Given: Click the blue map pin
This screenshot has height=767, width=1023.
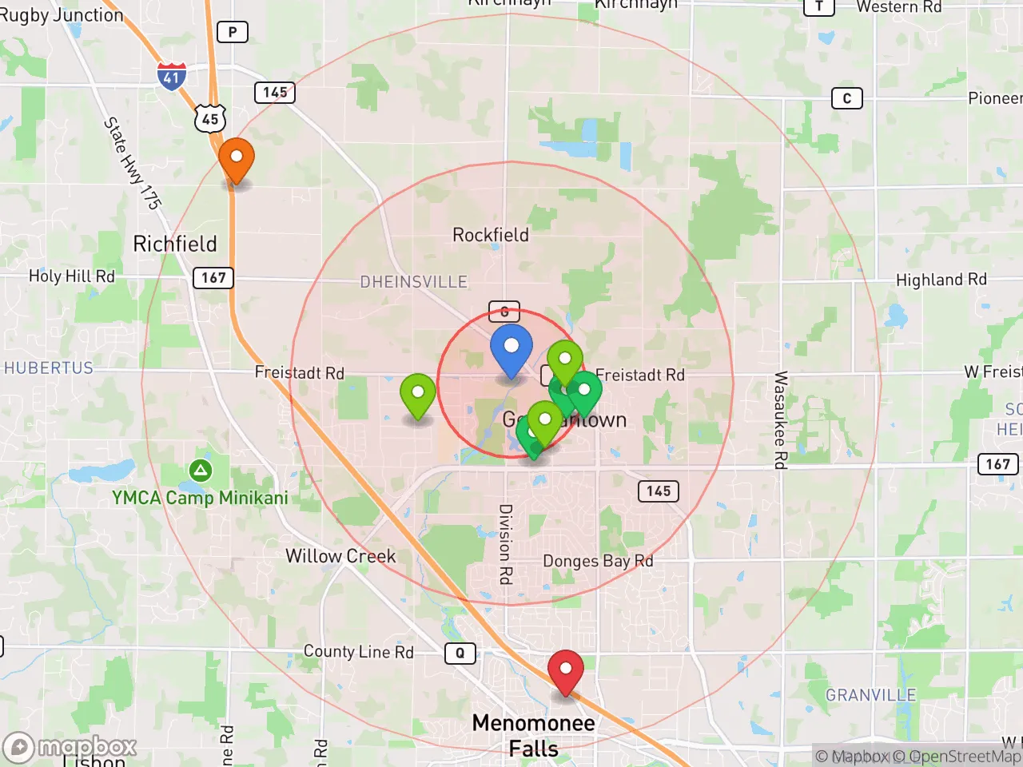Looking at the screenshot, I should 511,348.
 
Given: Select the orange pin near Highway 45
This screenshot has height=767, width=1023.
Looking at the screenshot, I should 237,158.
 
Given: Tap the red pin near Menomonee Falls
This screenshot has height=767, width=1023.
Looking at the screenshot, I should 565,670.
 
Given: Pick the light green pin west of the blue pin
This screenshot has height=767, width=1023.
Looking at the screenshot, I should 417,394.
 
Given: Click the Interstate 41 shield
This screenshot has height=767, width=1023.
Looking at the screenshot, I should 171,76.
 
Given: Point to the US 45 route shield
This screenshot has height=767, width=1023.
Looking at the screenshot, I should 210,119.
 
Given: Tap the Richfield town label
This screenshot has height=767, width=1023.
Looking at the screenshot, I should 174,244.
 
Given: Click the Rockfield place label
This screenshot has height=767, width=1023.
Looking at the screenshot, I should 490,235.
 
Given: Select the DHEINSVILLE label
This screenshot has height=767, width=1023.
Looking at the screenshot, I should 413,282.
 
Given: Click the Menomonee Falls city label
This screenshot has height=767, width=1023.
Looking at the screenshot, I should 533,735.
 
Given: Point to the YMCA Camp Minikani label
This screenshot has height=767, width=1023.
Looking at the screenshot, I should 200,498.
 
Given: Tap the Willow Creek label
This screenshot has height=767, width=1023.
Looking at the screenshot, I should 340,556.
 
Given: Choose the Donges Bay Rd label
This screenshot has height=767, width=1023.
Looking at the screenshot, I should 598,561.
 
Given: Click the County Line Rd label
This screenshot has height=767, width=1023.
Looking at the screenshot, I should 358,652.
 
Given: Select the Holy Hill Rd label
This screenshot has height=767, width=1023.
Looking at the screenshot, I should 72,276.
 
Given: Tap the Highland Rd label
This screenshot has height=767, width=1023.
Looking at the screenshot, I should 941,280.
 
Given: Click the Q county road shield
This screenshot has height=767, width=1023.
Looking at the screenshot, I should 460,653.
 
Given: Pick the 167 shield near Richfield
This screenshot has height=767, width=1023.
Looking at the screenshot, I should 213,277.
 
